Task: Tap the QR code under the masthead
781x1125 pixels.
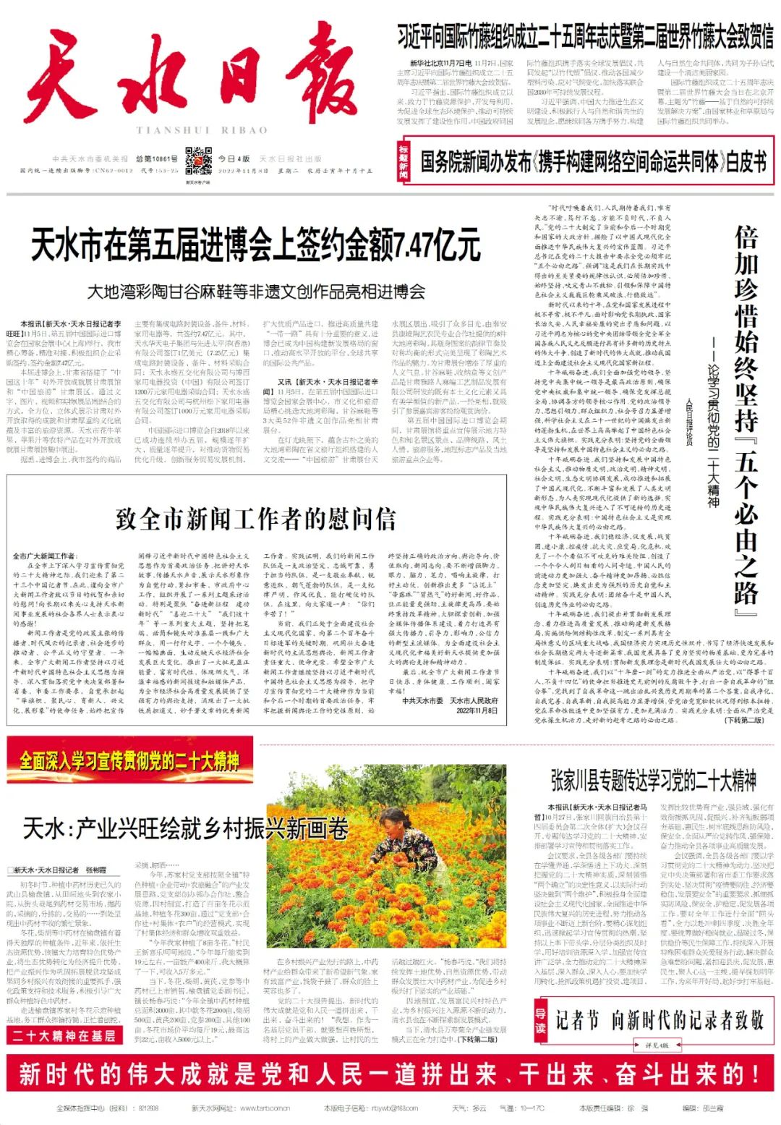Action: coord(198,160)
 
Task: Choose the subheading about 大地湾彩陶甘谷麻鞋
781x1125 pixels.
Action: coord(256,292)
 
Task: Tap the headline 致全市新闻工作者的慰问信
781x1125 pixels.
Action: coord(255,519)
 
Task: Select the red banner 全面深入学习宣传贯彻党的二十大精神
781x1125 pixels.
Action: coord(129,760)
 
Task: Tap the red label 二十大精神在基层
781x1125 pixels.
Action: coord(63,1035)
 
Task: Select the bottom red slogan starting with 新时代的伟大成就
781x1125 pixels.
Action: coord(390,1074)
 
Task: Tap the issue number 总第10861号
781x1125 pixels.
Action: coord(156,159)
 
